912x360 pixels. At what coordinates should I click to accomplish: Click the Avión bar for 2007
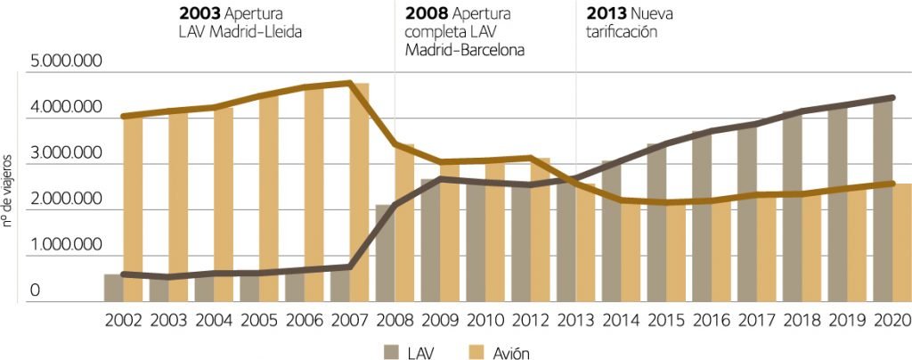(x=359, y=192)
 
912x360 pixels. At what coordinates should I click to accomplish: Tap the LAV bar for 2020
(x=882, y=200)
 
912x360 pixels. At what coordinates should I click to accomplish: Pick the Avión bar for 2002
(x=133, y=209)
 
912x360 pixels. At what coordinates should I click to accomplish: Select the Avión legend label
(x=510, y=353)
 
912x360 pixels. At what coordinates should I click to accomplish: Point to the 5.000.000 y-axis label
(x=67, y=61)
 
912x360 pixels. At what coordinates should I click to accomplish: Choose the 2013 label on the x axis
(x=575, y=322)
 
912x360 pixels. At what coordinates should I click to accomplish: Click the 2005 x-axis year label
(x=258, y=322)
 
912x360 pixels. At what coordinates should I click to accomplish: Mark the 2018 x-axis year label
(x=802, y=322)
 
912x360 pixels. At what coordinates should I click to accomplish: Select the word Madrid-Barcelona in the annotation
(x=464, y=50)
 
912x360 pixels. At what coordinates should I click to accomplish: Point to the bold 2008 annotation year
(x=425, y=14)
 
